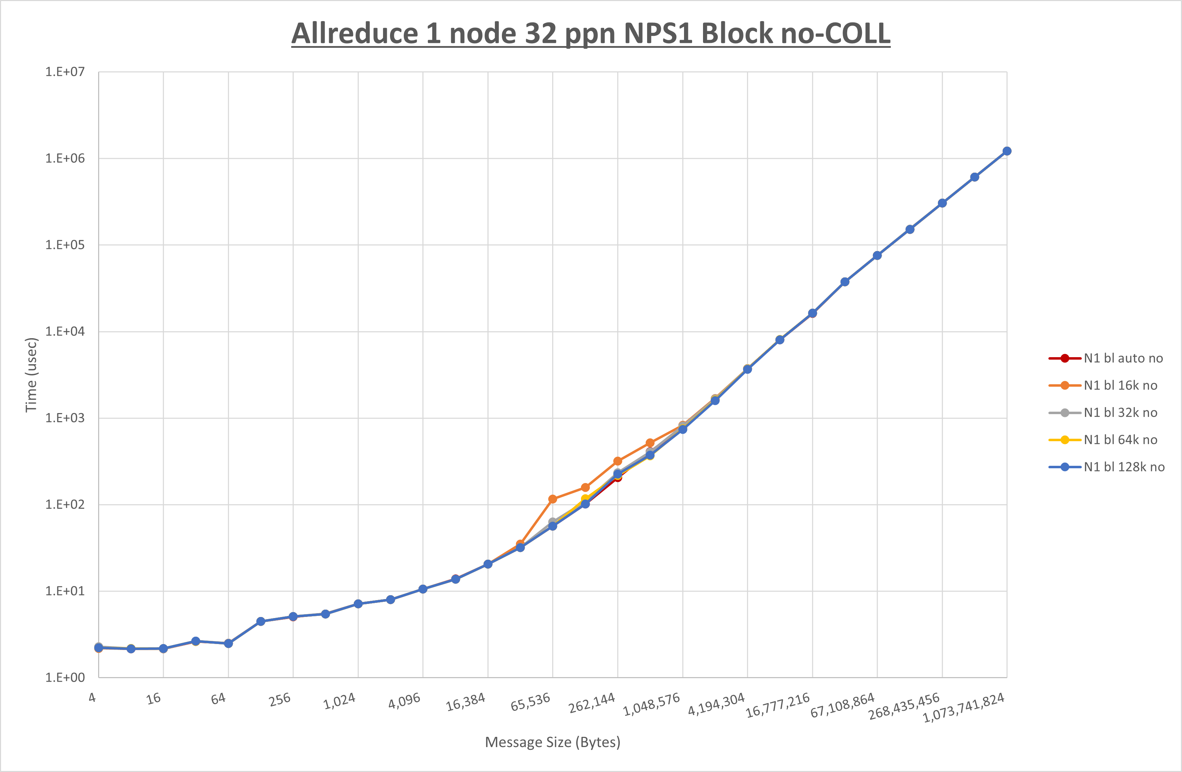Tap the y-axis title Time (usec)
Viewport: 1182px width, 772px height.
(31, 375)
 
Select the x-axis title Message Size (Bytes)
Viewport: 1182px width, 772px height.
(552, 742)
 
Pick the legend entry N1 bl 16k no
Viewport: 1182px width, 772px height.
(1120, 385)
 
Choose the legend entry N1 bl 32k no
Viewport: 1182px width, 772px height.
(1120, 413)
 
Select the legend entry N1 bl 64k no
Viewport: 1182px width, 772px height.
(1120, 440)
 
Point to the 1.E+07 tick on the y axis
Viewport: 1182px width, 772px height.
(65, 72)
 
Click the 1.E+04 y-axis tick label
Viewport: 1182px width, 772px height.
(65, 332)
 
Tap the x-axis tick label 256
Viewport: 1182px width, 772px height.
(280, 700)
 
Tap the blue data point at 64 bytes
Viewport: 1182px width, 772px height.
(228, 643)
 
